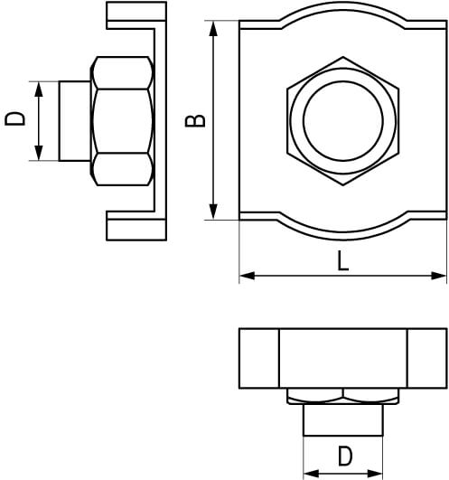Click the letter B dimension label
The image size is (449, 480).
pos(195,120)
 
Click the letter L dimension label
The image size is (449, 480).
pos(343,260)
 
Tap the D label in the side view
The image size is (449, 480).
pos(14,118)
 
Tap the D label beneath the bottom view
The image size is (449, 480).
pos(345,456)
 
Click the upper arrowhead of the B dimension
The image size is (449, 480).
pos(213,28)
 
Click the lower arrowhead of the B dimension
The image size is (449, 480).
pos(213,212)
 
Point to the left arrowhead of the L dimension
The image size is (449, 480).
pos(247,276)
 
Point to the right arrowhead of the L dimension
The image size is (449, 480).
pos(438,276)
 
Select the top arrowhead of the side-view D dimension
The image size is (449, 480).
pos(39,89)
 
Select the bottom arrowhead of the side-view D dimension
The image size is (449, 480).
pos(39,153)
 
